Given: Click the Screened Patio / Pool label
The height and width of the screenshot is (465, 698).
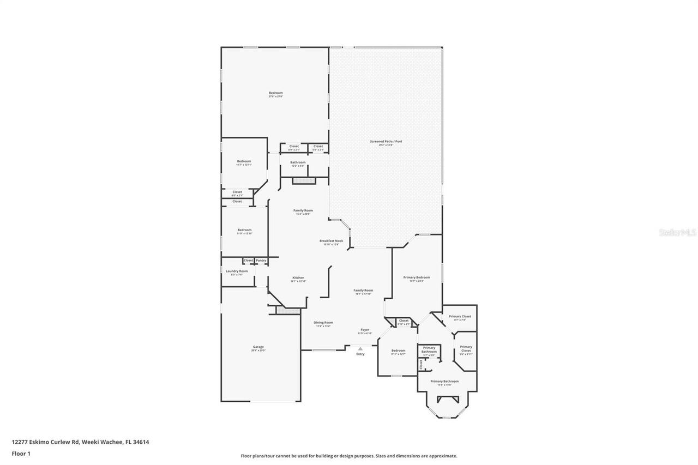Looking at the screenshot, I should [386, 142].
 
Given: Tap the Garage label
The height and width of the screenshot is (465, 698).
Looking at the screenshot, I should [258, 347].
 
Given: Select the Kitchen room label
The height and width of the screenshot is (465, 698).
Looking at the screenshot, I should [298, 278].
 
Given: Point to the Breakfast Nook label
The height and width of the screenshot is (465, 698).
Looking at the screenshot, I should [331, 241].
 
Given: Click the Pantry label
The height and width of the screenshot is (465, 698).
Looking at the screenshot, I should [261, 261].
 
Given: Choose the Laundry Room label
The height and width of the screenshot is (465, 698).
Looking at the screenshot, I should [237, 271].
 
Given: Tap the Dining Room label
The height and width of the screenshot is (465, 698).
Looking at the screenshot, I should [323, 323].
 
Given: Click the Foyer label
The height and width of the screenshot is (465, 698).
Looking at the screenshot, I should [365, 330].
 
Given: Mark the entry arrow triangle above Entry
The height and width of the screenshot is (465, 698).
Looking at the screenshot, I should [360, 348].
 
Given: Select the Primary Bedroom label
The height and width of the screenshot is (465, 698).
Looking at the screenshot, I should [417, 278].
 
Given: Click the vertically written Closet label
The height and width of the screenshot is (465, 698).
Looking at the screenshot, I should [421, 364].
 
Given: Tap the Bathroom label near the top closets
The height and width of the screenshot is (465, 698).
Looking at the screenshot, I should [298, 162].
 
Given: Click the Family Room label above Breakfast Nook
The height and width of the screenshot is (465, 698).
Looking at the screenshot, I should [303, 210].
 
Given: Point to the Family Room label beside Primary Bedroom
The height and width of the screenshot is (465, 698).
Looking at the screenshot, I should [363, 291].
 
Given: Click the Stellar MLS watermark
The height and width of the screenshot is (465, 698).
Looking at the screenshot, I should [677, 232].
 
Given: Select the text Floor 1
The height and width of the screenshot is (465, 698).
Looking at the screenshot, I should [21, 453].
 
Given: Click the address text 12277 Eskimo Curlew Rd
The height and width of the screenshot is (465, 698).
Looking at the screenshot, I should [46, 442].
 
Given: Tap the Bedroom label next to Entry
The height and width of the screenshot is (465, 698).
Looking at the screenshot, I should [398, 351].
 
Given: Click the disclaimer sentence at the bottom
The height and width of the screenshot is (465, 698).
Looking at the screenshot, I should [349, 456].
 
